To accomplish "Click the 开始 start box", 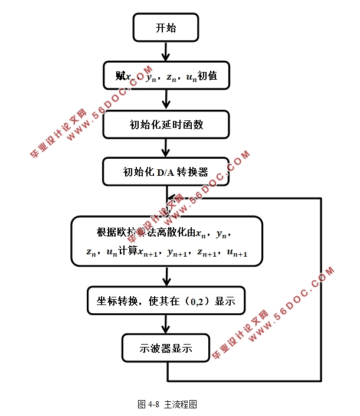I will point(166,28).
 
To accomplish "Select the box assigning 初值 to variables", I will point(166,76).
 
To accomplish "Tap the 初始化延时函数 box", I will point(166,124).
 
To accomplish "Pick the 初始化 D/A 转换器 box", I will point(166,172).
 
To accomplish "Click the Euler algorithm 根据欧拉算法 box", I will point(166,241).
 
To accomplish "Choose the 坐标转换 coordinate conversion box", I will point(166,301).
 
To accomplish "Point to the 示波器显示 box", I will point(166,348).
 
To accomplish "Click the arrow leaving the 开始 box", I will point(166,51).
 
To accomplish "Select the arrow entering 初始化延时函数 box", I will point(166,100).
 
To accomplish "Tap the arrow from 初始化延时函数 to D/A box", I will point(166,148).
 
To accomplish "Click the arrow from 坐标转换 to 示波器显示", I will point(166,325).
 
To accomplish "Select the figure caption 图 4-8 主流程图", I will point(167,404).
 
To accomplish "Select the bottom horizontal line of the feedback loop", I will point(244,380).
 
